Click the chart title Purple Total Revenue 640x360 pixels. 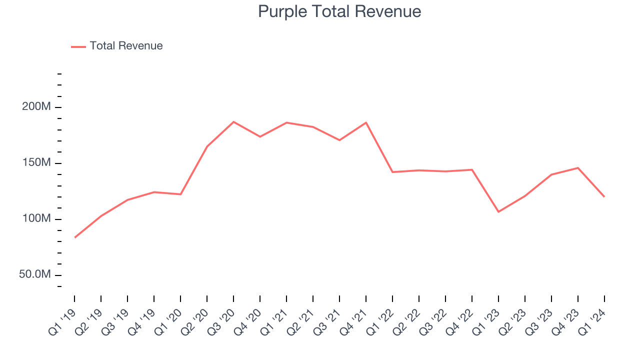(x=339, y=11)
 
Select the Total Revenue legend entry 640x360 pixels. (x=126, y=46)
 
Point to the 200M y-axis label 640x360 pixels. (x=35, y=107)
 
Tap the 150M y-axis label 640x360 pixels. (x=35, y=163)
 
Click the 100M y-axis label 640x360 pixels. (x=35, y=219)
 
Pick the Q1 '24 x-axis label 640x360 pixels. (x=593, y=320)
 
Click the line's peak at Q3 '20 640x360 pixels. (x=233, y=122)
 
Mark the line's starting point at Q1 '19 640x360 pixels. (x=74, y=237)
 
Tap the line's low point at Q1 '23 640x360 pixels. (x=498, y=212)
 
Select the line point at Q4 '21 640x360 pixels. (x=366, y=122)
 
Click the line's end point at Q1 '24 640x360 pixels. (x=604, y=196)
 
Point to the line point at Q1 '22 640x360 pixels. (x=392, y=172)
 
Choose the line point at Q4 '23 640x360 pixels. (x=578, y=168)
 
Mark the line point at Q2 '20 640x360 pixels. (x=207, y=146)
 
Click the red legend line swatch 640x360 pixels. (x=78, y=46)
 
